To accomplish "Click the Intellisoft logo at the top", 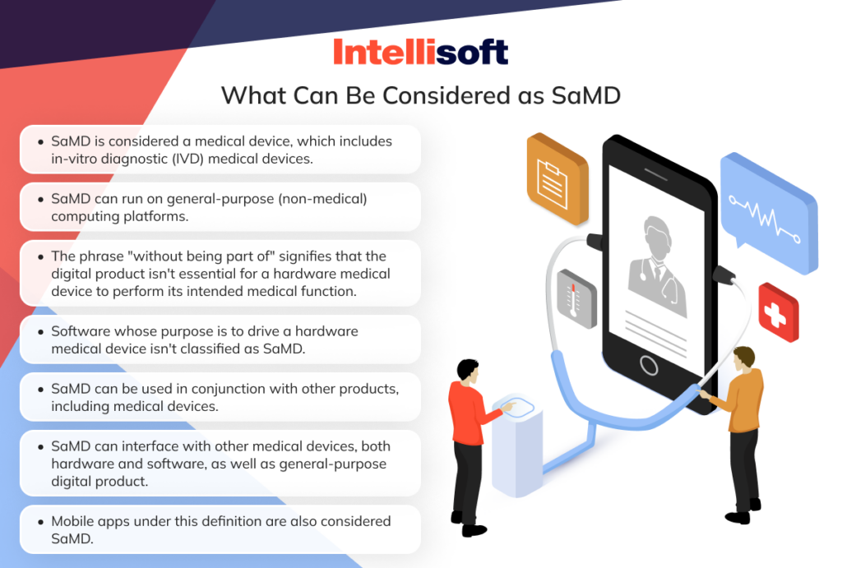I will [420, 51].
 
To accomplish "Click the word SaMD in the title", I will [582, 95].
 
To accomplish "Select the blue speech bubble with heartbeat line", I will [768, 205].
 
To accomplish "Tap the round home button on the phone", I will [649, 365].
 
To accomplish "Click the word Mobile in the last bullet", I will [76, 521].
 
